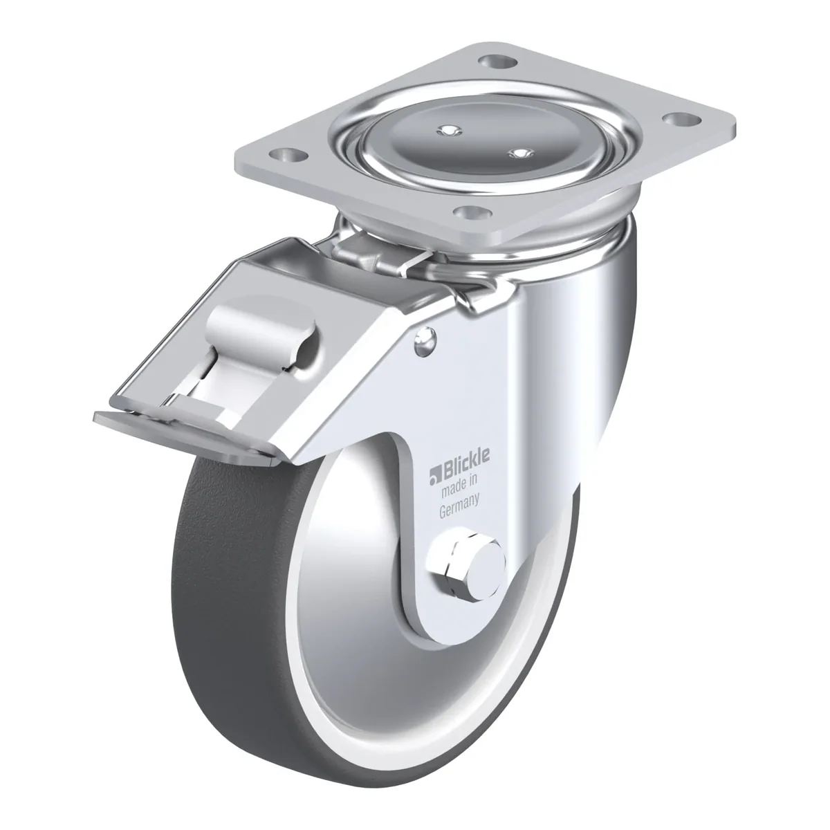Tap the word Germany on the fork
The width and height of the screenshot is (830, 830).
[459, 508]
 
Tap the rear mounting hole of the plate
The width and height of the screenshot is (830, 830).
[497, 62]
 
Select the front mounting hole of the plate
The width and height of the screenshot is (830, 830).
[472, 212]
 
